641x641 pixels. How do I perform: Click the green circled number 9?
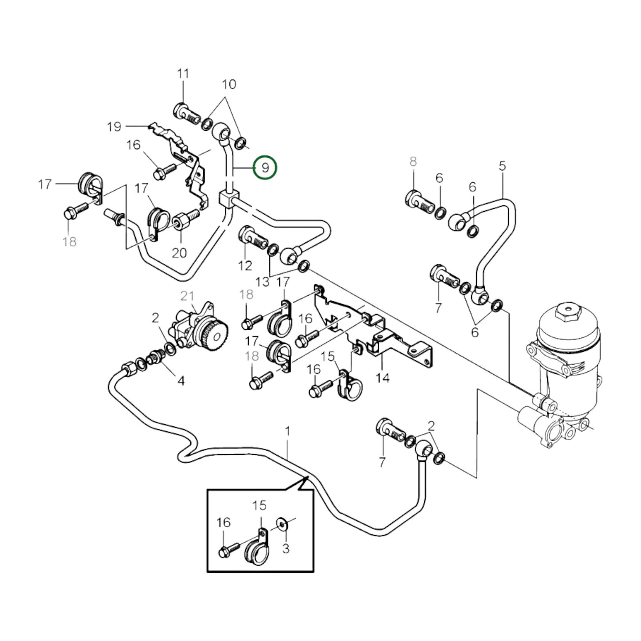[265, 168]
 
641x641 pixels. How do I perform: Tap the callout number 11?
[183, 74]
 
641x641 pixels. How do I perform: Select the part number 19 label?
[114, 127]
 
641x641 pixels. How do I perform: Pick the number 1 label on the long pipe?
[287, 431]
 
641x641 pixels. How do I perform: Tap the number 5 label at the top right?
[502, 166]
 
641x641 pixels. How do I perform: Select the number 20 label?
[179, 253]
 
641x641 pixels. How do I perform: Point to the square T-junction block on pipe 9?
[229, 198]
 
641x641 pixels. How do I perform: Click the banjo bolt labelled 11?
[185, 113]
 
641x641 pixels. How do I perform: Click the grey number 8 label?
[413, 161]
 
